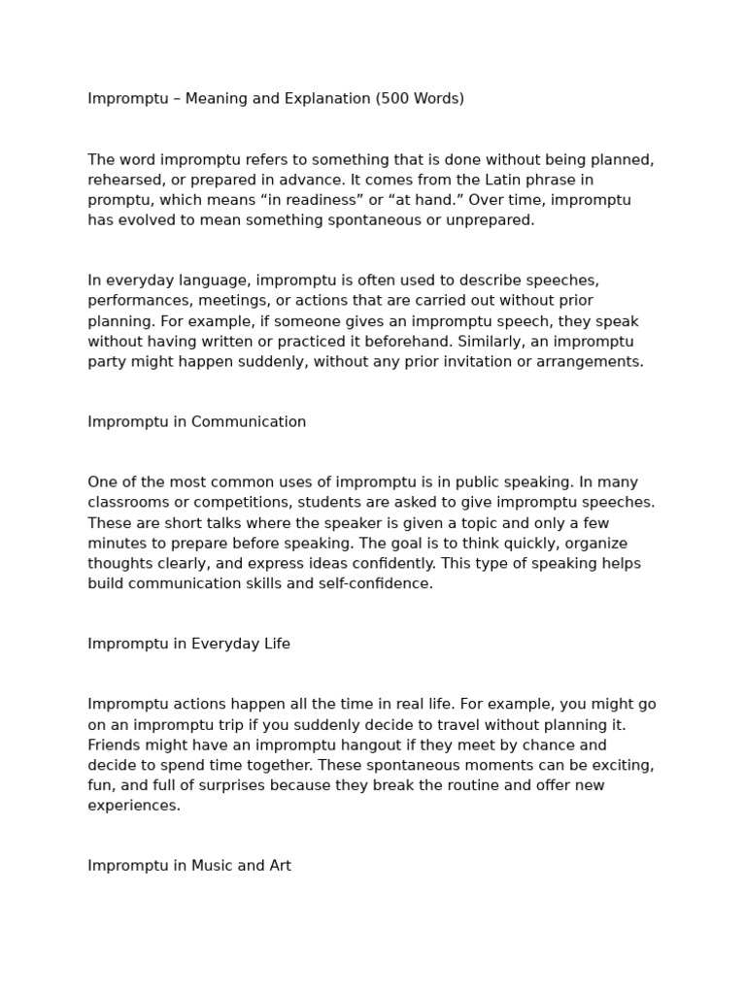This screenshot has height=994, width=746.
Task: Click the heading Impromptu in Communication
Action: coord(196,422)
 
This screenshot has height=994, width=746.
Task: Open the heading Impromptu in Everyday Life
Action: coord(188,645)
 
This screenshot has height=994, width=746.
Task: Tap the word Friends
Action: coord(115,745)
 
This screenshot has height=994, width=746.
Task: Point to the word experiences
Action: coord(133,806)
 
